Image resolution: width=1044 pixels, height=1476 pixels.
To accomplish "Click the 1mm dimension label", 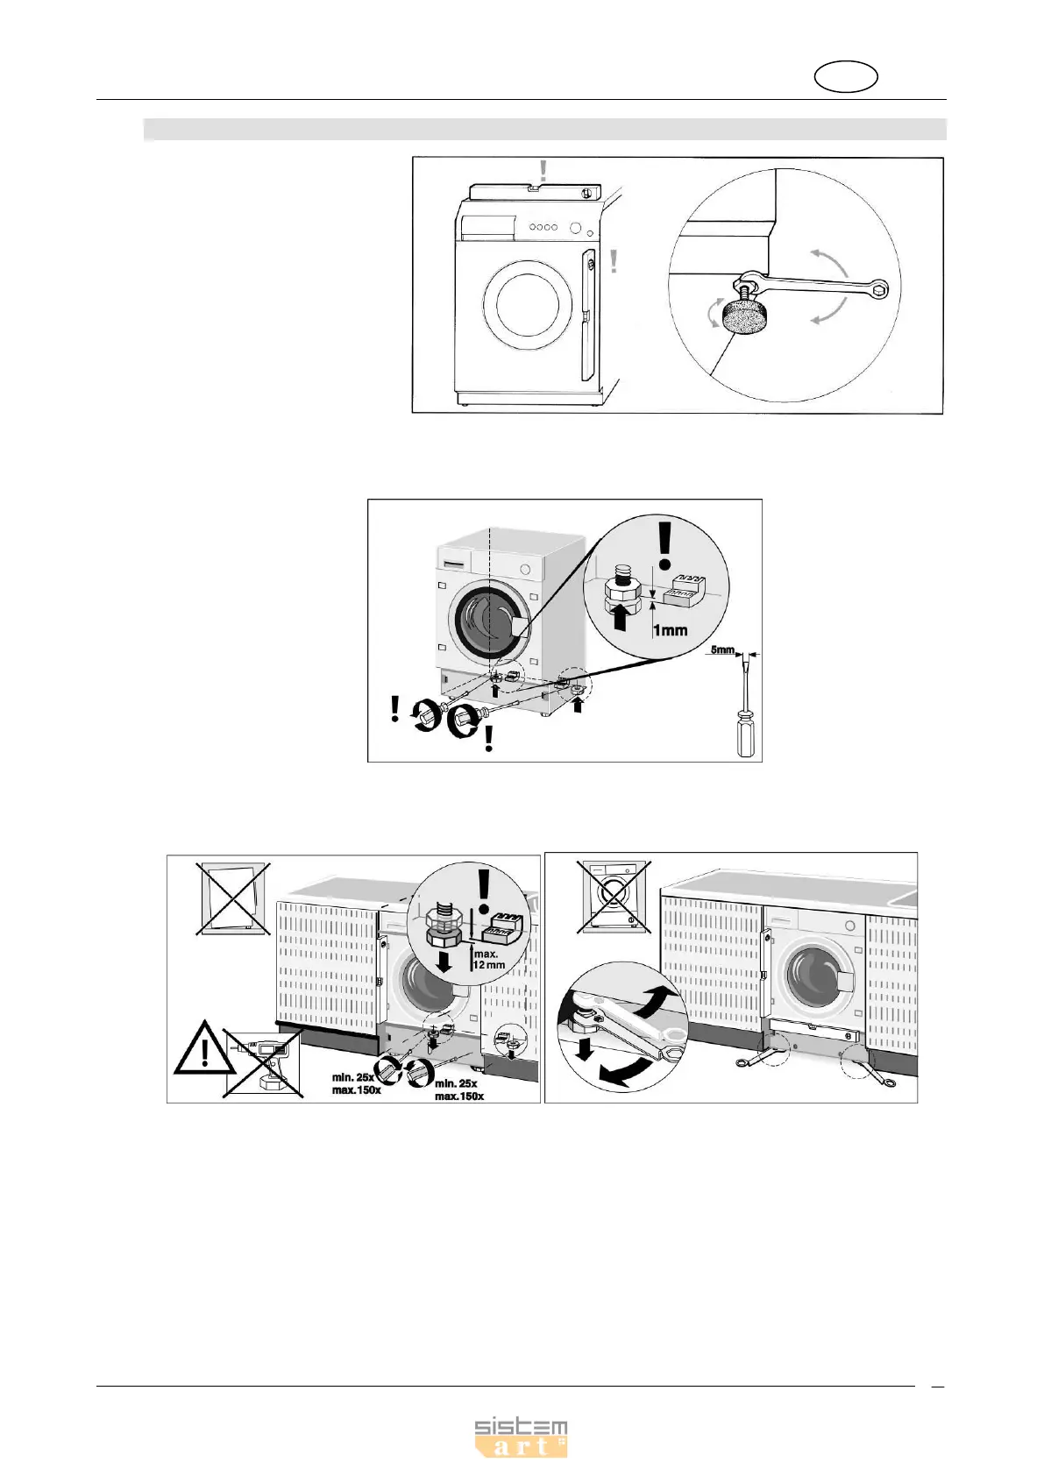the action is click(671, 630).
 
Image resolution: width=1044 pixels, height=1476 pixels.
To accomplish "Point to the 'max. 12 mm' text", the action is click(488, 959).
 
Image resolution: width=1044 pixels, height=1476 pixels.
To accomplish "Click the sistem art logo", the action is click(521, 1437).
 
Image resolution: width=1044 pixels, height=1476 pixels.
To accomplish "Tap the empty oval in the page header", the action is click(846, 77).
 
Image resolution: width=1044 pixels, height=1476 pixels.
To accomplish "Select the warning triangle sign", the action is click(204, 1048).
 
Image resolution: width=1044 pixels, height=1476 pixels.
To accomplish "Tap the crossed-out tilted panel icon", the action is click(232, 898).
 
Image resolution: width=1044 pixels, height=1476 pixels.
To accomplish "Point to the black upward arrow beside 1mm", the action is click(620, 617).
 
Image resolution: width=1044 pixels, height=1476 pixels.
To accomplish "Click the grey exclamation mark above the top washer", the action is click(543, 170).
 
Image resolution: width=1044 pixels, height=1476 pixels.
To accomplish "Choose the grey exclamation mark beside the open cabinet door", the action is click(614, 261).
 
